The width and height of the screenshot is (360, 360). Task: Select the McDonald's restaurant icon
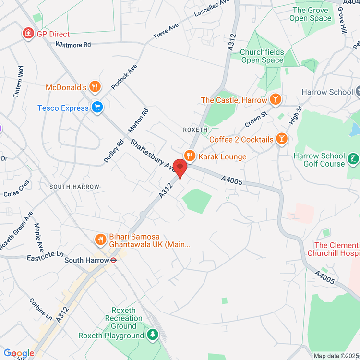(x=96, y=87)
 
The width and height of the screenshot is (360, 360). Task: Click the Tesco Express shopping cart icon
(x=97, y=108)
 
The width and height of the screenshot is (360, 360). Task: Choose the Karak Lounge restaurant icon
(x=190, y=156)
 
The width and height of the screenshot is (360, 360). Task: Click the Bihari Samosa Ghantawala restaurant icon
(x=100, y=239)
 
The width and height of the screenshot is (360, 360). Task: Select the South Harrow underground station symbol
(x=113, y=260)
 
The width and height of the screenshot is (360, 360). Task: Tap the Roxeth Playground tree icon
(x=153, y=335)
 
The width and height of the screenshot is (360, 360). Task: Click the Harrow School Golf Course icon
(x=353, y=159)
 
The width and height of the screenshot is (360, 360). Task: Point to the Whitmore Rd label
(x=73, y=44)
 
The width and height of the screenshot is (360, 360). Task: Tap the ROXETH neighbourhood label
(x=195, y=130)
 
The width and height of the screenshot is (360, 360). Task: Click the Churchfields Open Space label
(x=262, y=56)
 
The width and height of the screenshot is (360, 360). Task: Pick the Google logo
(x=19, y=354)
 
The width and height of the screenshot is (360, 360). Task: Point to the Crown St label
(x=256, y=120)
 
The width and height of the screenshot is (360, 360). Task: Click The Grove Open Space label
(x=311, y=14)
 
